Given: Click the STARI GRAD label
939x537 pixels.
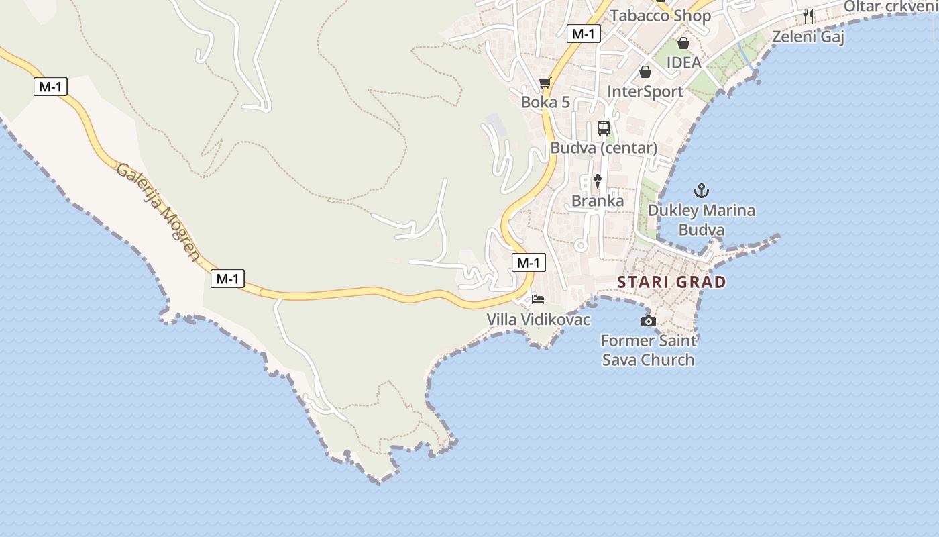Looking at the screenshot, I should (x=671, y=282).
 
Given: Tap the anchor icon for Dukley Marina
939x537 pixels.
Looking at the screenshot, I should (x=701, y=191).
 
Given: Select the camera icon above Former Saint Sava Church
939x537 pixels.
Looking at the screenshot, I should (x=648, y=322).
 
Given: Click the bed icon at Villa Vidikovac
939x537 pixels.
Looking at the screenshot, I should (x=538, y=299).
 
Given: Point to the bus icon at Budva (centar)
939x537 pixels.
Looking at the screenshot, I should (x=604, y=128).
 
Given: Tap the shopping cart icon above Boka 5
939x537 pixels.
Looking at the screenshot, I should (x=545, y=83).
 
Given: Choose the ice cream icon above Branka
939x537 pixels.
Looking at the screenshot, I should (x=598, y=181).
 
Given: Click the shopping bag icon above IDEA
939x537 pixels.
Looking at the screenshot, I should (x=683, y=44).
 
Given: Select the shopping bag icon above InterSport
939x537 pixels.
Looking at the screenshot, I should (x=645, y=72).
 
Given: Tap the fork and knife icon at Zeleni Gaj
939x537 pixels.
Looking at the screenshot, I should (x=808, y=17).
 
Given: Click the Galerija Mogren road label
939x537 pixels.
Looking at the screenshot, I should (x=158, y=211).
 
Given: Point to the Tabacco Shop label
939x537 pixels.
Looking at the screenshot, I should (x=660, y=15).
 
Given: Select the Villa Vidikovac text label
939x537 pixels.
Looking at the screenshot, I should (x=539, y=320).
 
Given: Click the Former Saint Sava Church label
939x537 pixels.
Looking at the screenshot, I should (x=648, y=350).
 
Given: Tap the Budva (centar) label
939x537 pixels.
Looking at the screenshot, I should (x=604, y=148).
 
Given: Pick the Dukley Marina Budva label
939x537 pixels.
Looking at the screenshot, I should (x=701, y=220).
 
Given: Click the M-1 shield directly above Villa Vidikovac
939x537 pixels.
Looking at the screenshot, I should (x=529, y=262).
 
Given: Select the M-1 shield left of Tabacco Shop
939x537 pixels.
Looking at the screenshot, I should (x=582, y=34).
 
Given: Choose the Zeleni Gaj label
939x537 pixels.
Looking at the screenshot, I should (x=808, y=36).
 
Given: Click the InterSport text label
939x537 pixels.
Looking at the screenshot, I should (x=645, y=91).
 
